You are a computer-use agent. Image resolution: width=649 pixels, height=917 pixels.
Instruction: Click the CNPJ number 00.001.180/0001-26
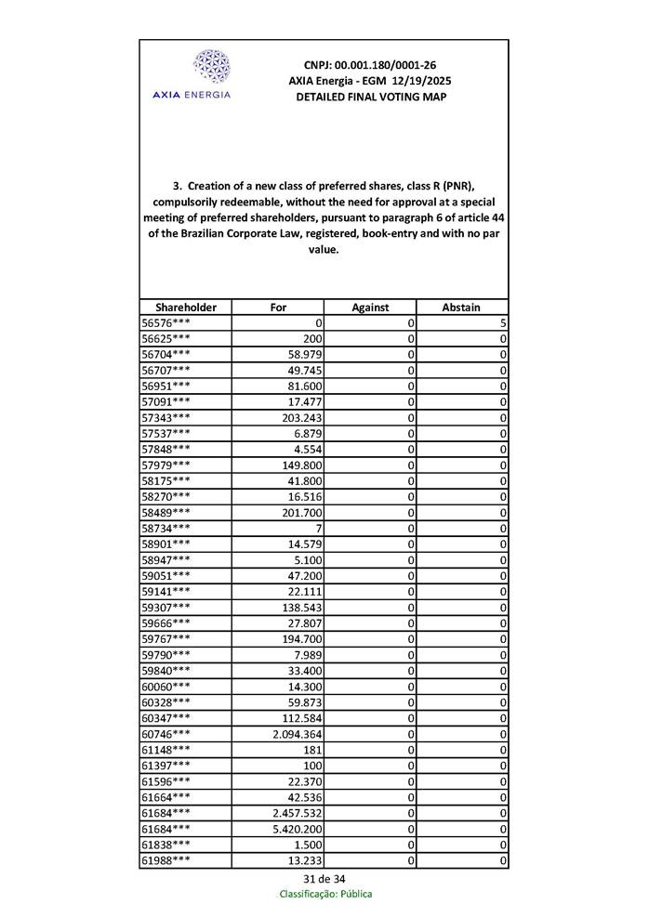(x=370, y=65)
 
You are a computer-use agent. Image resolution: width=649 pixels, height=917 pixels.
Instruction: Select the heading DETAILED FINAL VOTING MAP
(x=370, y=97)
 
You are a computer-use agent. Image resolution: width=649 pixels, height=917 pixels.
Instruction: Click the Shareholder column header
(x=186, y=307)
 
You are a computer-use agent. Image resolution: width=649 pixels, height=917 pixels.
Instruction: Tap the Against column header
(x=370, y=307)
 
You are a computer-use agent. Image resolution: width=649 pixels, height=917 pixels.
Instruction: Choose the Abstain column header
(x=462, y=307)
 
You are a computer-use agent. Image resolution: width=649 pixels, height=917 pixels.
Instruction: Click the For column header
(x=278, y=307)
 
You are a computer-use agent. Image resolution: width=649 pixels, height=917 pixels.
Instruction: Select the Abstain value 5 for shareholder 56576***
(x=502, y=322)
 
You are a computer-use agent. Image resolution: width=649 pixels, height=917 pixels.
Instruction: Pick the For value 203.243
(x=301, y=417)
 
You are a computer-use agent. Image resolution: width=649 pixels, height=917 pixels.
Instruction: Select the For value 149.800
(x=301, y=465)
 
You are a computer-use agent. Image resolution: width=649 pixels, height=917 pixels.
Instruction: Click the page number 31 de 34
(x=324, y=879)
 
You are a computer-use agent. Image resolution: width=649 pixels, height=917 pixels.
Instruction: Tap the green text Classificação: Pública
(x=325, y=894)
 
